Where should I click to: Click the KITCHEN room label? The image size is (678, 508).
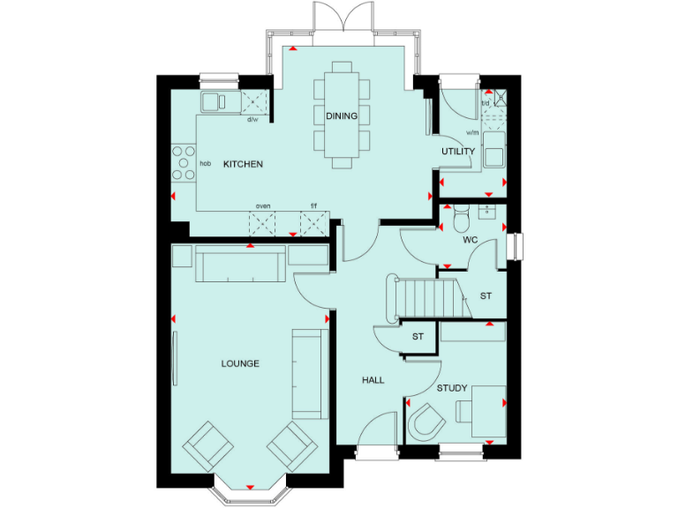coord(243,164)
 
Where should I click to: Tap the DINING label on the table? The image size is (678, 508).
coord(342,116)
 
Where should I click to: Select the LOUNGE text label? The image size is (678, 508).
coord(240,363)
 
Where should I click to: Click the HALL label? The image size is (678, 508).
coord(373,380)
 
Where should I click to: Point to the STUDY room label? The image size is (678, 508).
coord(452,388)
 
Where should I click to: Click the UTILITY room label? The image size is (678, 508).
coord(458,152)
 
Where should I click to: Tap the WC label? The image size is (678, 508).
coord(471,240)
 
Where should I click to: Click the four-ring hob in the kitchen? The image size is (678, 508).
coord(184,162)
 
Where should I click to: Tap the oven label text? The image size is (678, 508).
coord(263,206)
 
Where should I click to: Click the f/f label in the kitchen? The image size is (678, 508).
coord(313,206)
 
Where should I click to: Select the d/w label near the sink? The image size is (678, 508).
coord(252,119)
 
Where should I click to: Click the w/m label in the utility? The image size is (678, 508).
coord(471,133)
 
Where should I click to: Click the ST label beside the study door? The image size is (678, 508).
coord(418,337)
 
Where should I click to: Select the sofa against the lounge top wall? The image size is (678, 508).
coord(240,265)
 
